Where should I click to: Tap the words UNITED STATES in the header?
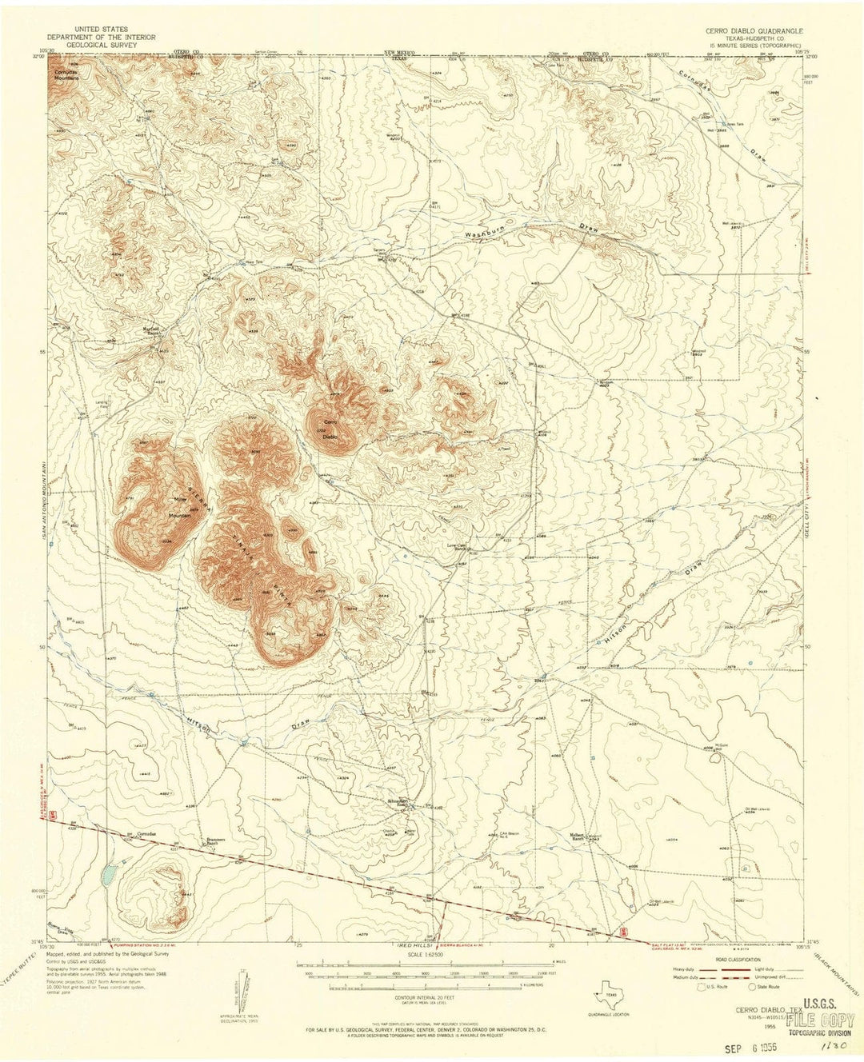point(100,30)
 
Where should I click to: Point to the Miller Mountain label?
point(178,511)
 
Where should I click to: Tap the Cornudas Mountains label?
point(66,75)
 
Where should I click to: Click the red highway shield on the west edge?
point(52,815)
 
